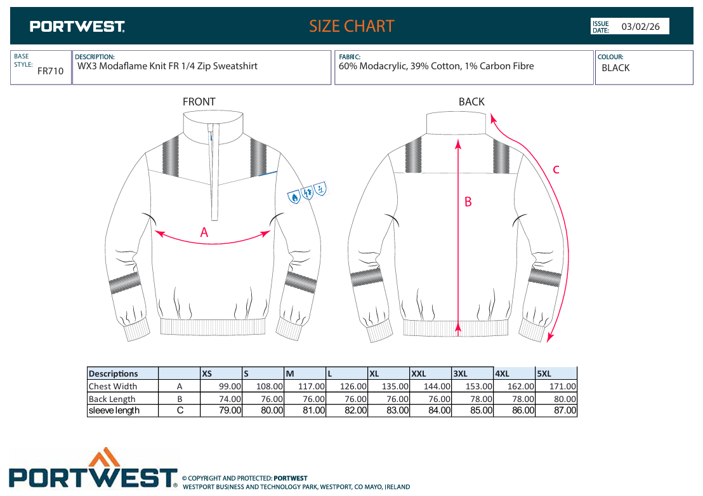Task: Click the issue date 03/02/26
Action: click(x=640, y=27)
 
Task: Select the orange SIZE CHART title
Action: click(x=351, y=26)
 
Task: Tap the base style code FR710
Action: click(x=50, y=71)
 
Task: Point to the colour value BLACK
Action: click(x=615, y=68)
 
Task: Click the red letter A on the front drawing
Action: click(x=204, y=232)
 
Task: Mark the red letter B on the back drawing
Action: click(x=468, y=202)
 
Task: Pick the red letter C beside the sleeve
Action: click(x=556, y=170)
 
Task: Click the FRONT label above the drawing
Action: click(x=199, y=102)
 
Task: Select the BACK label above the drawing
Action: click(x=471, y=102)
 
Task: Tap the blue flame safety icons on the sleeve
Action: click(x=308, y=192)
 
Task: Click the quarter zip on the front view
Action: click(x=213, y=171)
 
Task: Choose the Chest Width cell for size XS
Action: click(x=221, y=386)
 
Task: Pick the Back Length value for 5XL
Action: click(x=556, y=399)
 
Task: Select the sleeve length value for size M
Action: click(x=305, y=410)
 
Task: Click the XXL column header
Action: click(x=430, y=373)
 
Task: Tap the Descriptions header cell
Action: click(x=122, y=373)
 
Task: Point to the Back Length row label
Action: click(x=112, y=399)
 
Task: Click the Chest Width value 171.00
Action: click(x=563, y=386)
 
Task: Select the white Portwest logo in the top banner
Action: click(x=77, y=27)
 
